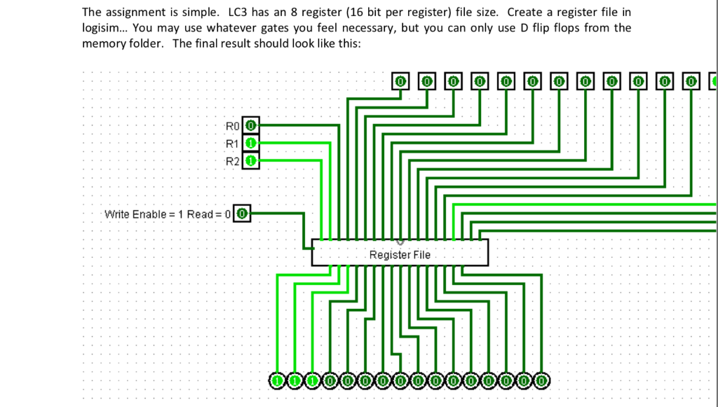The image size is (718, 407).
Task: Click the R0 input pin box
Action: click(x=252, y=126)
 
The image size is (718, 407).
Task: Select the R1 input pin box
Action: click(x=252, y=144)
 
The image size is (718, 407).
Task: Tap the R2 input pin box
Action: click(x=252, y=161)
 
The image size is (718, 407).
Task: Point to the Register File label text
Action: click(x=400, y=255)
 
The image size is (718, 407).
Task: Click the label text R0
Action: click(x=233, y=126)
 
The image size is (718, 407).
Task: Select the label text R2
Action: click(x=233, y=161)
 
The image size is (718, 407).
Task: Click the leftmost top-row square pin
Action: click(x=400, y=82)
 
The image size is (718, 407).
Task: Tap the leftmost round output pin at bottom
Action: click(x=278, y=380)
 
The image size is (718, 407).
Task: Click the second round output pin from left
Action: click(x=295, y=380)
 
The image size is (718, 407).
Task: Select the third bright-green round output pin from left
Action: click(x=313, y=380)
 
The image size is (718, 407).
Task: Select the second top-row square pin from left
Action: click(x=427, y=82)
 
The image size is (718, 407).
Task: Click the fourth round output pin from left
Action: click(x=330, y=380)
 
